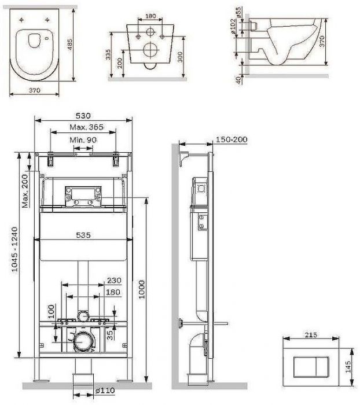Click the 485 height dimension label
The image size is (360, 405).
click(x=70, y=45)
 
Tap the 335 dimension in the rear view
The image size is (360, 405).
click(x=108, y=54)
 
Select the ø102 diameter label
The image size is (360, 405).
click(x=233, y=27)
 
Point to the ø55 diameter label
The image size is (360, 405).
click(x=238, y=12)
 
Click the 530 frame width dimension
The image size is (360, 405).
click(x=83, y=116)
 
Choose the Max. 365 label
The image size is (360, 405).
click(x=86, y=127)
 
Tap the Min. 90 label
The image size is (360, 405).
click(x=83, y=140)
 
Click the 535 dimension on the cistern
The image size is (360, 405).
click(x=83, y=235)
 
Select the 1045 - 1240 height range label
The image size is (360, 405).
click(x=15, y=249)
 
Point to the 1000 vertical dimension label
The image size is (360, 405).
click(x=142, y=289)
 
